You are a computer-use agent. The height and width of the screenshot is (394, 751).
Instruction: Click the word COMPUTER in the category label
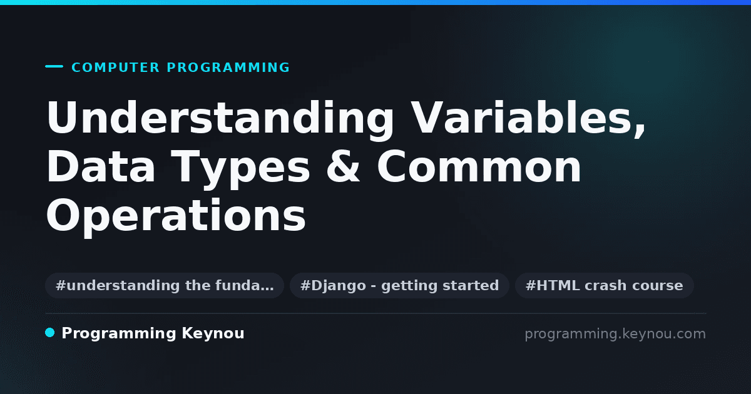pyautogui.click(x=115, y=68)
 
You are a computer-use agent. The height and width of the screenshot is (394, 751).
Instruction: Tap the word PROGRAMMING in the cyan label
pyautogui.click(x=228, y=68)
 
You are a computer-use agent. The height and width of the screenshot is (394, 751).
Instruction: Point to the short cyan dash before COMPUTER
pyautogui.click(x=54, y=66)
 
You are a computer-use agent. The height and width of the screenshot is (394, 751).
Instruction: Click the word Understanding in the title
pyautogui.click(x=220, y=119)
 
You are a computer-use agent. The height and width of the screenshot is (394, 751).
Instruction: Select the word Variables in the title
pyautogui.click(x=523, y=118)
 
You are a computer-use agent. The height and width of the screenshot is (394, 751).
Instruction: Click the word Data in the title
pyautogui.click(x=101, y=166)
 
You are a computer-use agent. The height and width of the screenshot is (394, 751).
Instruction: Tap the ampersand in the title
pyautogui.click(x=343, y=166)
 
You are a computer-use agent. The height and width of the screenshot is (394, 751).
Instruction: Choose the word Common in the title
pyautogui.click(x=479, y=166)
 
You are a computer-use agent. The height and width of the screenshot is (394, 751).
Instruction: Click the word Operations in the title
pyautogui.click(x=176, y=216)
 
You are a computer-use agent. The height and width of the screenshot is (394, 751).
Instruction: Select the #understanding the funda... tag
pyautogui.click(x=165, y=285)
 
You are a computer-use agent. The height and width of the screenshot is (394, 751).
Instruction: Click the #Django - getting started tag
pyautogui.click(x=400, y=285)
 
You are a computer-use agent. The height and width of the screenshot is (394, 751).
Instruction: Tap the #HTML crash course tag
pyautogui.click(x=604, y=285)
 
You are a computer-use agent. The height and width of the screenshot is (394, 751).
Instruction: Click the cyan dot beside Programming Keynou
pyautogui.click(x=50, y=333)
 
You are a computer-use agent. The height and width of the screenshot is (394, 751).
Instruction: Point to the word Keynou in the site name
pyautogui.click(x=213, y=334)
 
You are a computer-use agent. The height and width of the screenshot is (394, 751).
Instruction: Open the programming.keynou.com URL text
pyautogui.click(x=615, y=334)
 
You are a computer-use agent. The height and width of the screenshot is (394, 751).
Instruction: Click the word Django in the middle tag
pyautogui.click(x=339, y=286)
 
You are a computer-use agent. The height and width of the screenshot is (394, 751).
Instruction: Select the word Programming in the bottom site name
pyautogui.click(x=119, y=334)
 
